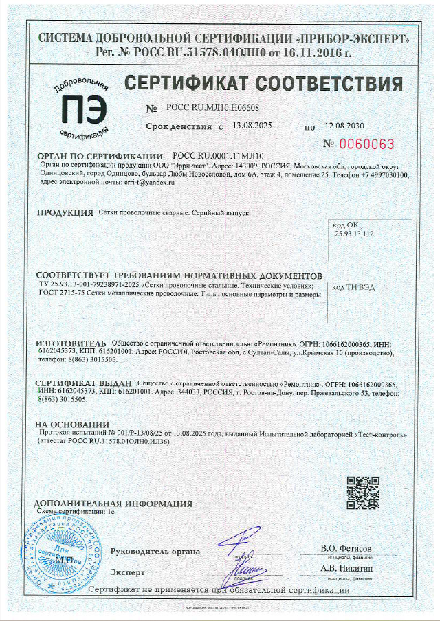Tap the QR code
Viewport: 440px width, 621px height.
(x=362, y=493)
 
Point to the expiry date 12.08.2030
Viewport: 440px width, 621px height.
(x=344, y=126)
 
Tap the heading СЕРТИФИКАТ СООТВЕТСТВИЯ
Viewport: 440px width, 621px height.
(x=263, y=84)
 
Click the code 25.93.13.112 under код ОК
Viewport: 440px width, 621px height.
(x=353, y=234)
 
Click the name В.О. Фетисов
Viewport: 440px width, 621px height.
(x=346, y=549)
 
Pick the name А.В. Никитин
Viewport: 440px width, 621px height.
(x=346, y=568)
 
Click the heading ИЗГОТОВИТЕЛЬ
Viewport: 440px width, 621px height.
(x=71, y=342)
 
